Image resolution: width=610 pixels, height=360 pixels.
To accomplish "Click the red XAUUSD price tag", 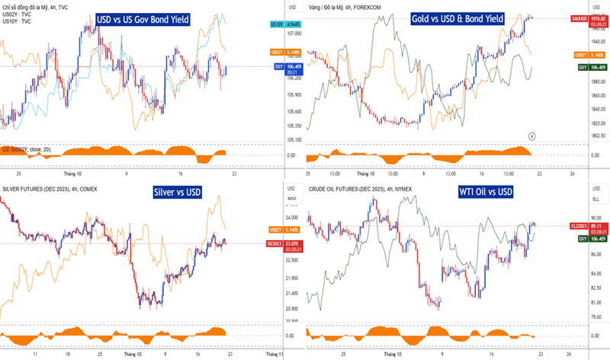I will (x=586, y=18).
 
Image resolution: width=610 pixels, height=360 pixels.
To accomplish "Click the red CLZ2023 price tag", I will (x=586, y=226).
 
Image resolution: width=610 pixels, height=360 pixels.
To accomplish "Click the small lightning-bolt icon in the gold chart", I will (x=531, y=136).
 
